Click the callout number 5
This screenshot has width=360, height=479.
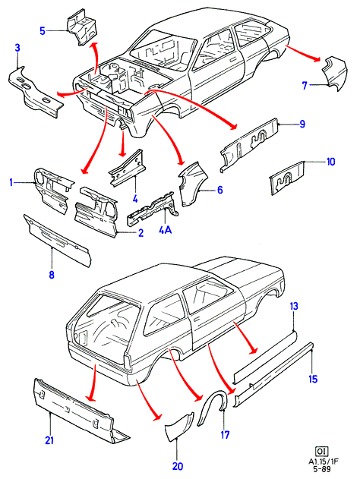(x=43, y=31)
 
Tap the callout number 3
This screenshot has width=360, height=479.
(x=17, y=48)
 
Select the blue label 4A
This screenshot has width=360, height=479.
(x=165, y=230)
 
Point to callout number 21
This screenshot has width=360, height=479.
(x=49, y=440)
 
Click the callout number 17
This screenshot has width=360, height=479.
(x=225, y=435)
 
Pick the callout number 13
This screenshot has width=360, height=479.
(x=294, y=306)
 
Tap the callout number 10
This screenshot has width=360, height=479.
(x=331, y=161)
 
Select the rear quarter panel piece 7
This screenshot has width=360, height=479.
(x=335, y=74)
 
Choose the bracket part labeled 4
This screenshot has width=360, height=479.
(x=127, y=169)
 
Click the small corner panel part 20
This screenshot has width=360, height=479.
(x=178, y=426)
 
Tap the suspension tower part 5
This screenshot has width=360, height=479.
(x=82, y=27)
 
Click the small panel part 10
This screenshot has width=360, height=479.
(x=286, y=178)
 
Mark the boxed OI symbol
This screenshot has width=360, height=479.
(x=321, y=451)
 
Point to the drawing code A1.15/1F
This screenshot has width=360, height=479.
(x=324, y=462)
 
